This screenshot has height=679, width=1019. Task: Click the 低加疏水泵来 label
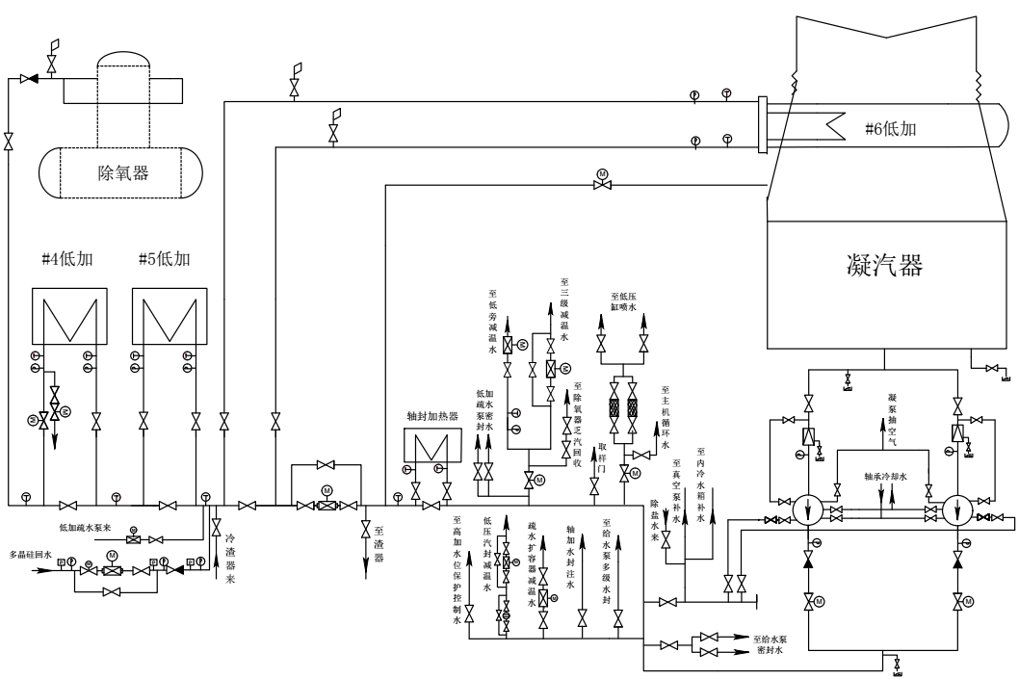point(86,529)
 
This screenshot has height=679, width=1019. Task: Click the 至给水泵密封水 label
point(781,643)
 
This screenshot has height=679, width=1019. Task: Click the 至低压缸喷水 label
point(626,301)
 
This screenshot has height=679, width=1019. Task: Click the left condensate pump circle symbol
point(809,509)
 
